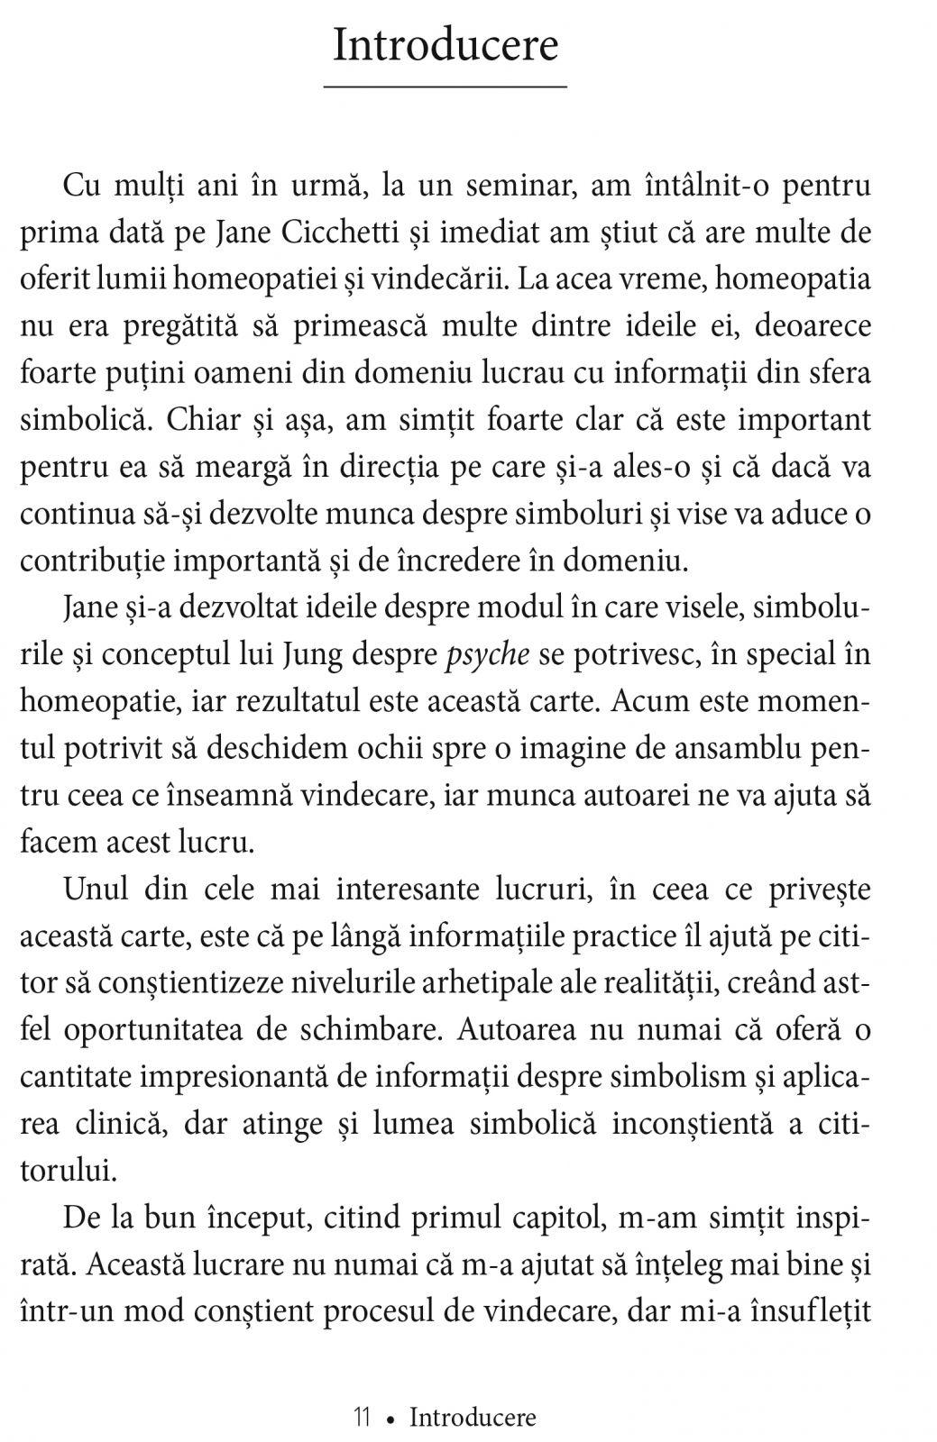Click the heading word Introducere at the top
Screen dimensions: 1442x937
pyautogui.click(x=446, y=44)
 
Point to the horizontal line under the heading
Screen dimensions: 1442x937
pyautogui.click(x=446, y=87)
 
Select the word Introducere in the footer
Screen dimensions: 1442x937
pyautogui.click(x=473, y=1392)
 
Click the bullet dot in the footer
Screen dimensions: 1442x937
pyautogui.click(x=390, y=1393)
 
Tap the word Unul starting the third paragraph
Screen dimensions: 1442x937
pyautogui.click(x=96, y=889)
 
